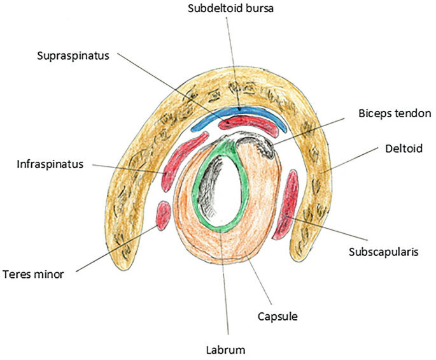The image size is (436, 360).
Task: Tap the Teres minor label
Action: point(38,275)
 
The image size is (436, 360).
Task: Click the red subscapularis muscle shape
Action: point(288,204)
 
